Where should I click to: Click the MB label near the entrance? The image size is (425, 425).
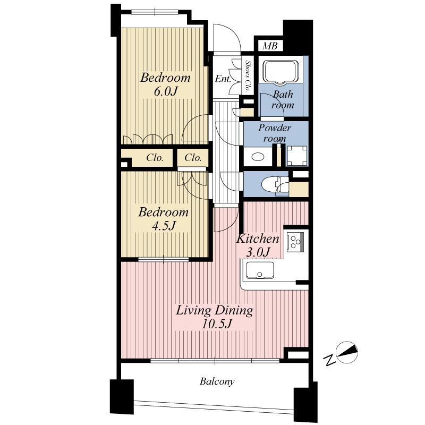click(x=270, y=46)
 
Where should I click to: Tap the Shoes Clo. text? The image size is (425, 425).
click(x=248, y=75)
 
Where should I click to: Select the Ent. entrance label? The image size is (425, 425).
click(x=223, y=79)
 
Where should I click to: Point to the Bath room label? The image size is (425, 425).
click(x=283, y=100)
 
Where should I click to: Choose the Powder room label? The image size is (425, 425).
click(x=275, y=133)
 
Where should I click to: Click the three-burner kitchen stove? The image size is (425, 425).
click(x=295, y=242)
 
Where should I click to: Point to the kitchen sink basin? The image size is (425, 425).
click(x=259, y=271)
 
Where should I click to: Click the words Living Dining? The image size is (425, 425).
click(x=215, y=310)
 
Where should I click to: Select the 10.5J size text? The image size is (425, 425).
click(x=215, y=324)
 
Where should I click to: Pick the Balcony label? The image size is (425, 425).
click(x=217, y=381)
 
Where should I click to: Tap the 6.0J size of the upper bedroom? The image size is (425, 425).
click(x=165, y=91)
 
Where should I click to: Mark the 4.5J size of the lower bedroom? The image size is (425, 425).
click(x=164, y=226)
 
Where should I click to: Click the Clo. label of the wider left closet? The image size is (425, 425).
click(x=154, y=158)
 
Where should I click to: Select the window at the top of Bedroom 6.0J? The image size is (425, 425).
click(x=155, y=13)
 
